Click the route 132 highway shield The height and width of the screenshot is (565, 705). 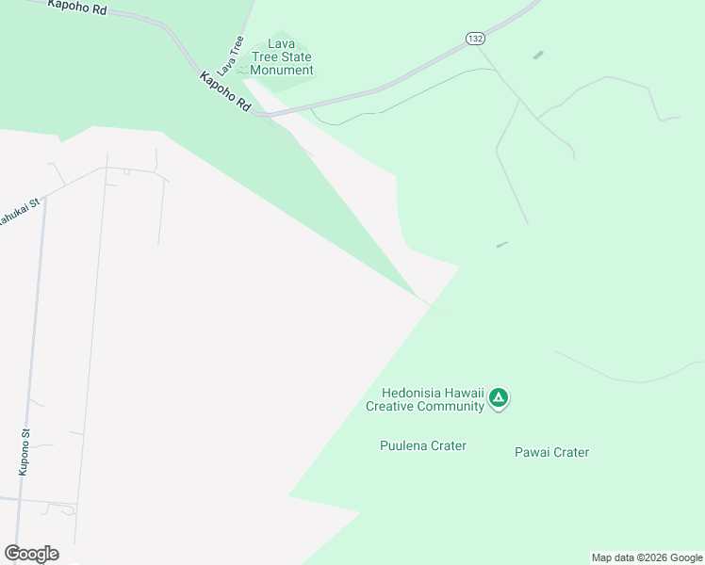click(x=474, y=38)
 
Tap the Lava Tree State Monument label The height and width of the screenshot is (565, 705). click(x=282, y=57)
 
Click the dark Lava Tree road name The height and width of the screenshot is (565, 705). click(x=230, y=56)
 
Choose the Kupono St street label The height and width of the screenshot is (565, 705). click(x=25, y=452)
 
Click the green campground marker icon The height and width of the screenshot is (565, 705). click(x=500, y=399)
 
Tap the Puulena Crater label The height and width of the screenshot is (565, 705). click(x=422, y=445)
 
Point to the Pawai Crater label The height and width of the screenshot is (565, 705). click(x=551, y=452)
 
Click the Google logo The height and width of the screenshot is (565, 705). click(x=31, y=554)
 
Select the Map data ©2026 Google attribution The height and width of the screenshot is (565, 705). click(x=647, y=557)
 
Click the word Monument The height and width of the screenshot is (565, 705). click(x=282, y=70)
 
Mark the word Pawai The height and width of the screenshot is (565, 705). click(x=532, y=452)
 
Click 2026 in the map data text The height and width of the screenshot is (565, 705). click(x=650, y=557)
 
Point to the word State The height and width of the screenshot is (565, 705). click(x=295, y=57)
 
